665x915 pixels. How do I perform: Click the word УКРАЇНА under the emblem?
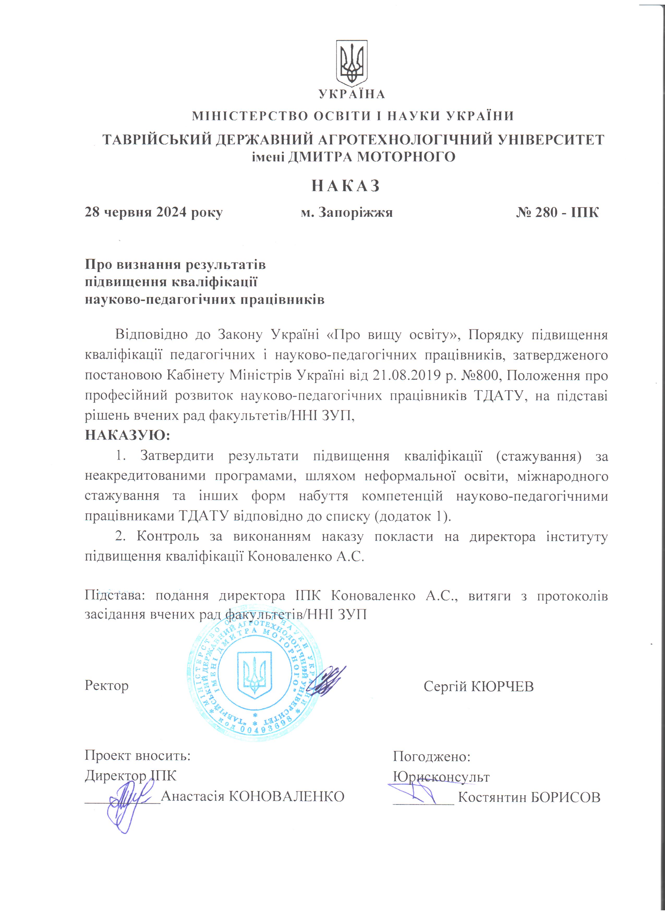tap(352, 94)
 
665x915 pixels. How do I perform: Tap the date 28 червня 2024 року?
tap(153, 212)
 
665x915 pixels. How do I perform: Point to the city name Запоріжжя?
tap(355, 212)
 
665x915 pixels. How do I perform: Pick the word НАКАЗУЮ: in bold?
tap(128, 435)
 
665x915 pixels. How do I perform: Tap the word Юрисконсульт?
tap(441, 776)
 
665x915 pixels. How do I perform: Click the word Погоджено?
tap(432, 756)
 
